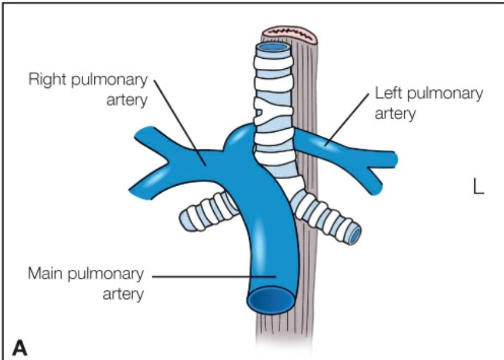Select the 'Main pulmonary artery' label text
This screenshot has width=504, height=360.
pyautogui.click(x=86, y=284)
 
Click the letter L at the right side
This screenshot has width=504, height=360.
pyautogui.click(x=478, y=186)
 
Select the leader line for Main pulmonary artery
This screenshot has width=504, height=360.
pyautogui.click(x=214, y=276)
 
